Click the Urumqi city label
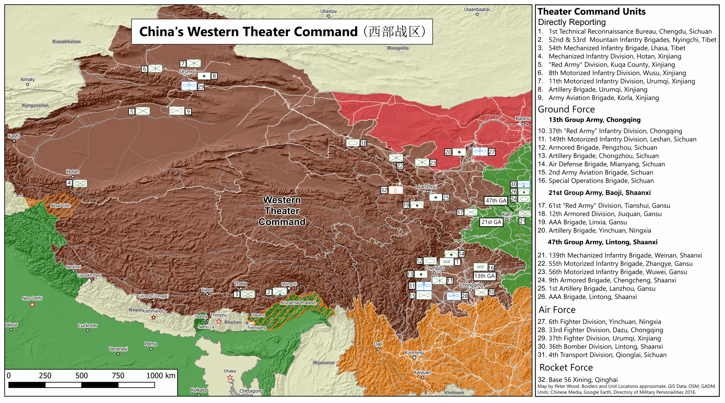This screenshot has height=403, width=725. click(187, 71)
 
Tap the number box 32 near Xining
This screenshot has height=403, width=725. click(384, 190)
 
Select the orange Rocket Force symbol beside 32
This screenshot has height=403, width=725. click(396, 190)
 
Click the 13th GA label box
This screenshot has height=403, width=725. click(484, 276)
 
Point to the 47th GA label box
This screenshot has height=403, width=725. click(496, 201)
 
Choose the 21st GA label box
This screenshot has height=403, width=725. click(491, 222)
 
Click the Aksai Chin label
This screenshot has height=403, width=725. click(61, 205)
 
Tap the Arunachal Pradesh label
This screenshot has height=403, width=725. click(298, 303)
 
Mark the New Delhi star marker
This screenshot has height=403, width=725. click(32, 305)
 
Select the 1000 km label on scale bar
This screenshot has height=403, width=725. click(161, 376)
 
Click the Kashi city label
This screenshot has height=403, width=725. click(14, 136)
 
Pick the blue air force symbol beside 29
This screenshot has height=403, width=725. click(189, 86)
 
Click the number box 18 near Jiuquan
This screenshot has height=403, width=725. click(363, 143)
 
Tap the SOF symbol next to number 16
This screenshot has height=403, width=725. click(480, 267)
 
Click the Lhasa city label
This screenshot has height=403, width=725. click(241, 283)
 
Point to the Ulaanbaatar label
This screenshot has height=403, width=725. click(477, 9)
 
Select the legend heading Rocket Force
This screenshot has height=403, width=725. click(566, 368)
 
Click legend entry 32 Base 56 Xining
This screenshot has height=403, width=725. click(577, 380)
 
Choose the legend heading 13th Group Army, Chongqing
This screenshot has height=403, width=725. click(594, 120)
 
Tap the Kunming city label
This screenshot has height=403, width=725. click(414, 353)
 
